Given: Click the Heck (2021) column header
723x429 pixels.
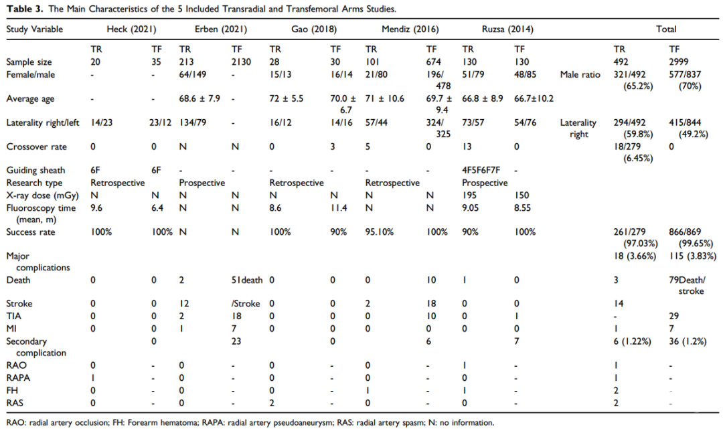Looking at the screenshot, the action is pos(131,29).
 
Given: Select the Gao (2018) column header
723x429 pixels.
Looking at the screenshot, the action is pos(314,29).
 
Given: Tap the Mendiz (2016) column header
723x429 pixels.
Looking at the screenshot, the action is pos(410,29).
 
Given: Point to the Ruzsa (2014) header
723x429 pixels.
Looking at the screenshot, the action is pos(507,29).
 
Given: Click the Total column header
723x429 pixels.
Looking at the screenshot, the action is pos(666,29).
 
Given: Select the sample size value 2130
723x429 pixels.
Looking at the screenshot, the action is pos(241,62).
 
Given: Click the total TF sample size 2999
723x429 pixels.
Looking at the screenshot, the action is pos(679,62).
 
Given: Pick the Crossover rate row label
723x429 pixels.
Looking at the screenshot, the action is pos(36,147).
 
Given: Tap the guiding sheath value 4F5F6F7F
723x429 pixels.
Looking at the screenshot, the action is pos(481,171).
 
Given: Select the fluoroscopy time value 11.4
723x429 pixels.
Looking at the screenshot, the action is pos(339,208).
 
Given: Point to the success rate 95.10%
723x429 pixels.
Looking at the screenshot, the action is pos(380,232).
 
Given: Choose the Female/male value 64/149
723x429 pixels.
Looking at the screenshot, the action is pos(193,74).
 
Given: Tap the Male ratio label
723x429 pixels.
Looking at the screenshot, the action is pos(580,74).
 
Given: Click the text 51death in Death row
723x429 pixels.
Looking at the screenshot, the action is pos(247,280).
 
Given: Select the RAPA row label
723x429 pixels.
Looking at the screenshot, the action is pos(18,378).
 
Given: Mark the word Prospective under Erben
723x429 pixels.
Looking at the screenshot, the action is pos(202,183).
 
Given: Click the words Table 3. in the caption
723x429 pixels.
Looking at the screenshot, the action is pos(25,9).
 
